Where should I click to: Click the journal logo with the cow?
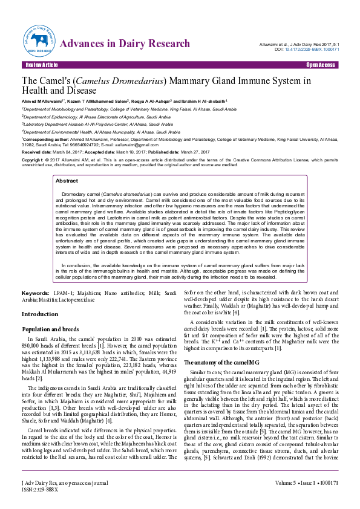41,40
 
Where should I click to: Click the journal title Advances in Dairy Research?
125,44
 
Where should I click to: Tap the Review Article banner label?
42,64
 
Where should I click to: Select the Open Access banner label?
320,64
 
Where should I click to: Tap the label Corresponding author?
43,138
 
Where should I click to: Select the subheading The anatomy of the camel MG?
221,361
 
